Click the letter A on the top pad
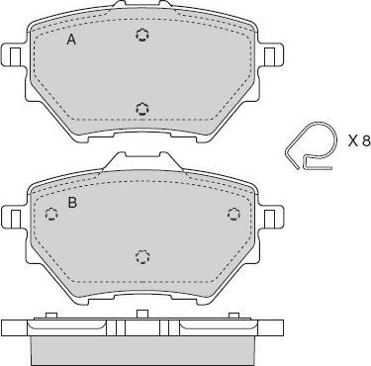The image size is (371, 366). click(71, 40)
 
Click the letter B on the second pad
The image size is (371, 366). click(72, 203)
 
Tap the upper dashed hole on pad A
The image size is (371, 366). click(142, 35)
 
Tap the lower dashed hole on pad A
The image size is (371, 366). click(142, 109)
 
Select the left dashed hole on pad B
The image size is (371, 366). click(51, 215)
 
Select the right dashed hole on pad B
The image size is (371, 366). click(233, 214)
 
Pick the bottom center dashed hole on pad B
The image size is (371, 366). click(142, 257)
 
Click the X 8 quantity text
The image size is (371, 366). click(359, 141)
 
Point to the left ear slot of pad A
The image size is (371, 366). click(15, 55)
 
